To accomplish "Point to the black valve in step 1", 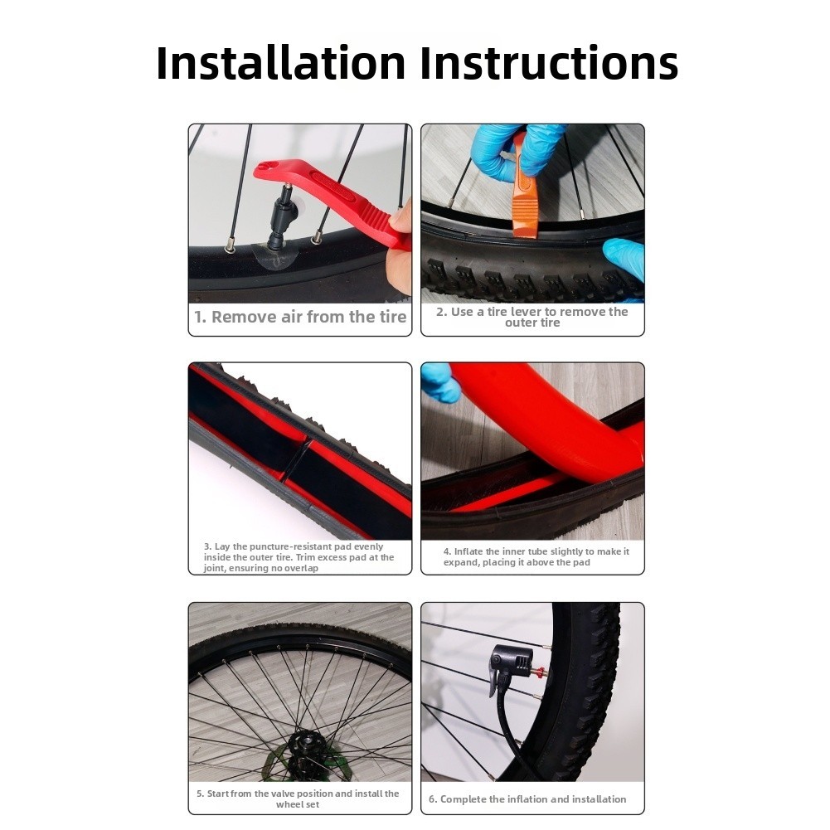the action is [281, 217].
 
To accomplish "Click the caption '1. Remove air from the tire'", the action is [300, 317].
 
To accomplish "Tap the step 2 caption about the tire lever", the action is [532, 317].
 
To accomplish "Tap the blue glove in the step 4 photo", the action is [439, 382].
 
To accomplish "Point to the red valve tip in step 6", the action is [539, 674].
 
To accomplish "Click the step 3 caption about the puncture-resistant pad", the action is [299, 557].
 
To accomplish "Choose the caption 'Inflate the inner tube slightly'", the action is [536, 557].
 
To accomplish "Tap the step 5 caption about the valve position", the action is [298, 798].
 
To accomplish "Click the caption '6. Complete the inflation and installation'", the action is [527, 799].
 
